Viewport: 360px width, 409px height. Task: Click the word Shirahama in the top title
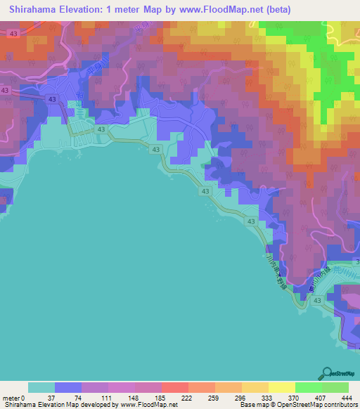(34, 11)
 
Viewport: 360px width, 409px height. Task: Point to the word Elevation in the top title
(90, 11)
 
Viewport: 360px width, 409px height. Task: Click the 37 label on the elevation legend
(56, 397)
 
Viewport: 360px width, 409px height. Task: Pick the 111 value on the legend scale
(108, 397)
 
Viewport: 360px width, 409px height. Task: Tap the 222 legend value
(188, 397)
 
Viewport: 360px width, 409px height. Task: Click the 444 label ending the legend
(347, 397)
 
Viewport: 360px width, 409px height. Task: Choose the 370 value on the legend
(294, 397)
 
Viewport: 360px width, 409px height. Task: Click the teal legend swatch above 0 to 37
(41, 387)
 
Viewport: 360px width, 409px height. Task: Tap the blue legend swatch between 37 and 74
(68, 387)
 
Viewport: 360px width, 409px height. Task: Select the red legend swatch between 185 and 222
(174, 387)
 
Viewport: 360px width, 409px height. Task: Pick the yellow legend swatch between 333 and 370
(281, 387)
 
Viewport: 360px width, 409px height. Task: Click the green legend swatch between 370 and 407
(308, 387)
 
